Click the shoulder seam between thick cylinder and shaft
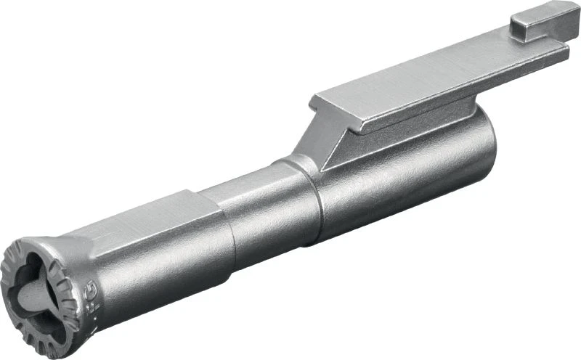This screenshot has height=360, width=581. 314,200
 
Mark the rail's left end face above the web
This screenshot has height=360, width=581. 320,109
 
